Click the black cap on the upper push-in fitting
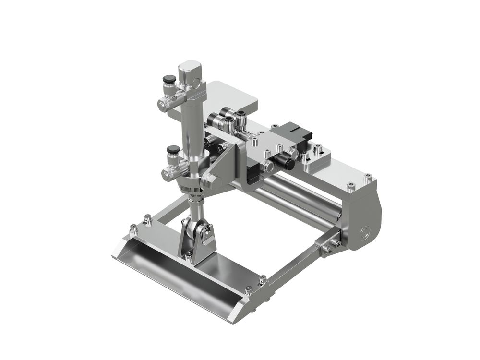point(168,79)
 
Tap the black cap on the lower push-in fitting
point(173,149)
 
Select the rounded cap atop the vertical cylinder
point(190,69)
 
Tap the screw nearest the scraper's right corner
point(248,290)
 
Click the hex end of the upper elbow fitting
point(162,104)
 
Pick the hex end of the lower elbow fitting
point(167,173)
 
